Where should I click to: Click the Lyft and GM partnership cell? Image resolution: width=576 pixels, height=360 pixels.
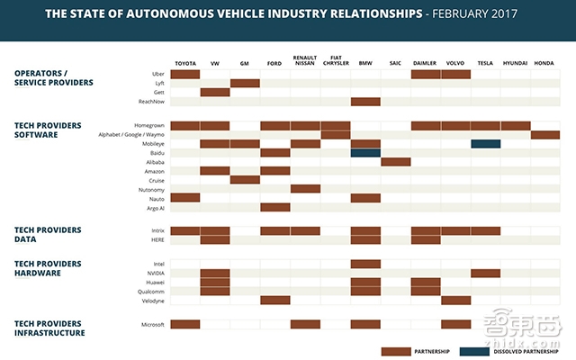[x=245, y=83]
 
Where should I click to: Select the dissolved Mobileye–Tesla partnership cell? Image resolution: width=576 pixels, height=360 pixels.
[x=486, y=144]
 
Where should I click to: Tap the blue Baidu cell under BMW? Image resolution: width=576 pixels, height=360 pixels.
[x=365, y=153]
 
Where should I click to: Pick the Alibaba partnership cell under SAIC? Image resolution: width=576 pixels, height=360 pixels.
[x=395, y=162]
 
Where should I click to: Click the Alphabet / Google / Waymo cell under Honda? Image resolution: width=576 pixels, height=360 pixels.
[x=545, y=135]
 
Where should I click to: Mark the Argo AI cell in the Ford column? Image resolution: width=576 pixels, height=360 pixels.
[x=275, y=207]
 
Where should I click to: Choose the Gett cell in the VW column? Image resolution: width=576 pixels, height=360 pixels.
[x=215, y=92]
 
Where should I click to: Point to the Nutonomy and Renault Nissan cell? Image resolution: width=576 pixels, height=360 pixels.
[x=305, y=189]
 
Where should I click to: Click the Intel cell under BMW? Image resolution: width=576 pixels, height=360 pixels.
[x=365, y=264]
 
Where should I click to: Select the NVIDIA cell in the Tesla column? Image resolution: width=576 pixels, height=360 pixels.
[x=486, y=273]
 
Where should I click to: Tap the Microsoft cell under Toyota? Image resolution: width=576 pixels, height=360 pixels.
[x=184, y=324]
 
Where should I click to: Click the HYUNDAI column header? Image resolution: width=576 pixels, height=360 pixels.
[x=516, y=64]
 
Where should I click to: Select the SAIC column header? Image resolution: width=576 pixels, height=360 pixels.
[x=395, y=64]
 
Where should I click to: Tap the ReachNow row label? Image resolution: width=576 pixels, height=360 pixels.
[x=150, y=102]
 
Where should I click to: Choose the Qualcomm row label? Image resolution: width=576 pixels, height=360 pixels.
[x=150, y=292]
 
